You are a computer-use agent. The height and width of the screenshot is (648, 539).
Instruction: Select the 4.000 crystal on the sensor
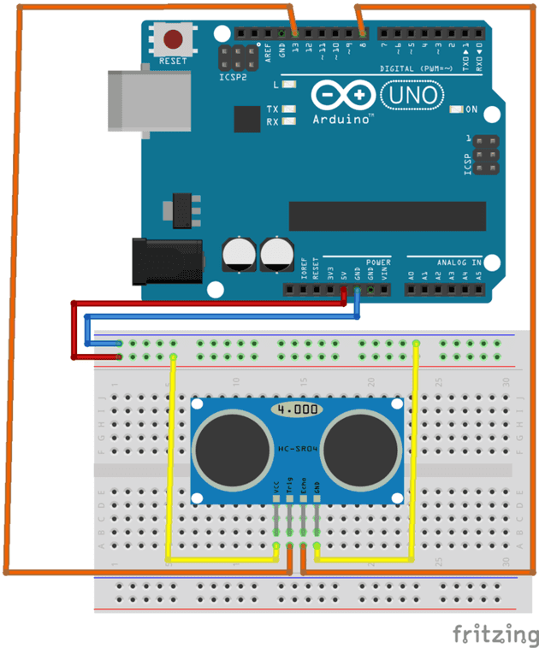(x=297, y=409)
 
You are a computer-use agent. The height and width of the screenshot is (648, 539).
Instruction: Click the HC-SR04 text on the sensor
(x=297, y=448)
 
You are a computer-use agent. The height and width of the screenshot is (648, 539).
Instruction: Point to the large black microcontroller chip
(x=387, y=215)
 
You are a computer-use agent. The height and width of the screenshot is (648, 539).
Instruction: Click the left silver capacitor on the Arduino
(x=239, y=254)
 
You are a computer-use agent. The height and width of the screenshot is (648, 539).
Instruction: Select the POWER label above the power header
(x=377, y=262)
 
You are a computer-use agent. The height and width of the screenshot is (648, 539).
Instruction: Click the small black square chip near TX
(x=246, y=119)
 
